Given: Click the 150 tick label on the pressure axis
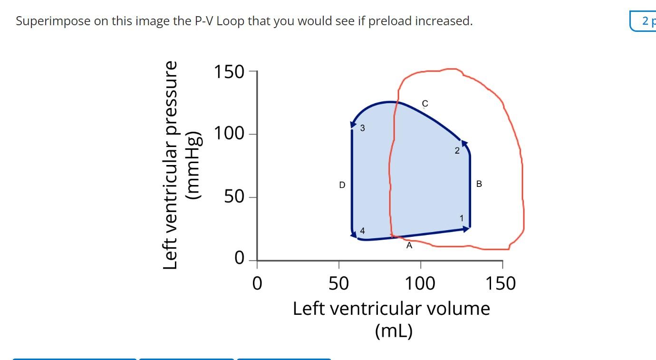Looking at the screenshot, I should pos(229,72).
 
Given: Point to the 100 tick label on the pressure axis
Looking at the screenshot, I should pos(229,134).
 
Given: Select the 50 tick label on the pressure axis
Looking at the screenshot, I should pos(234,196).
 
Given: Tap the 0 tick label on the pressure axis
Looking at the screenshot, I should pos(240,259).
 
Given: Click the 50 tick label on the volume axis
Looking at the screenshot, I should pos(338,284).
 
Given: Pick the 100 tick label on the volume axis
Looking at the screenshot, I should pos(420,284).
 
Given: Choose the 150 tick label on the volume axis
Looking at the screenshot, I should pos(501,284).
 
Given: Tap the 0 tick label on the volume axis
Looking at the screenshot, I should pos(257,284).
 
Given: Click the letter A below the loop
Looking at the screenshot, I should pos(409,246).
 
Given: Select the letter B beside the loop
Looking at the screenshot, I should pos(479,184).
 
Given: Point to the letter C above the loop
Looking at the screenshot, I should pos(425,104).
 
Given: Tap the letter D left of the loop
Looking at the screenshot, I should pos(342,185).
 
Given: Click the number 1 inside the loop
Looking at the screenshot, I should pos(462,218).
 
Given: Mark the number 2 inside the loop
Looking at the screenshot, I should pos(457,151).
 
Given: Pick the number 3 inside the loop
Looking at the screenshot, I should pos(363,128).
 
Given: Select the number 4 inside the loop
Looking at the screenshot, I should pos(363,231).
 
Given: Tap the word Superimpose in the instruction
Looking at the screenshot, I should pos(52,21).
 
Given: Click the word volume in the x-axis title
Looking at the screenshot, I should pos(459,309).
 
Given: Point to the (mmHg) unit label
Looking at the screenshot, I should pos(195,165).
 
